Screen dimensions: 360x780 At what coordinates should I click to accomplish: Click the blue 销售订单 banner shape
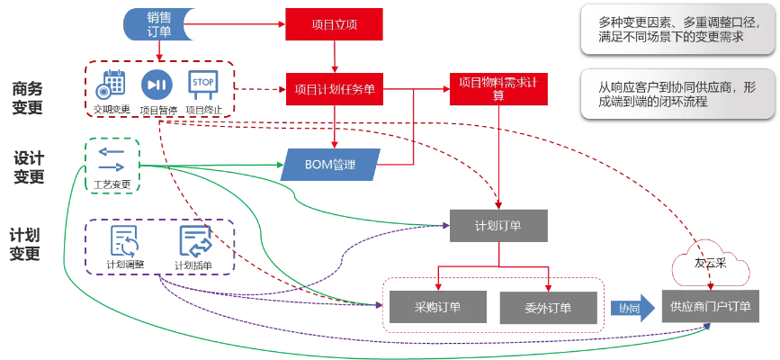tap(159, 23)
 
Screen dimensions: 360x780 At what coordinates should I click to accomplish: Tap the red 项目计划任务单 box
tap(335, 89)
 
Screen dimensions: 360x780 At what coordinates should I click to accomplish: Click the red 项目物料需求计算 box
tap(498, 89)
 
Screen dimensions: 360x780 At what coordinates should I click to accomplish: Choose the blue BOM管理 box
tap(331, 165)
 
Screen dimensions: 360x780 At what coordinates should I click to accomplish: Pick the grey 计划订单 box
tap(498, 225)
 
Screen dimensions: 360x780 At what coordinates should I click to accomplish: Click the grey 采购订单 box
tap(437, 307)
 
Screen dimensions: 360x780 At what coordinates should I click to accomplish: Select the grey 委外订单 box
tap(547, 307)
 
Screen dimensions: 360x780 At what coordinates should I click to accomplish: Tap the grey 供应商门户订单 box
tap(706, 307)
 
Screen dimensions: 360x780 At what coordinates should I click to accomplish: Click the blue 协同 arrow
tap(630, 307)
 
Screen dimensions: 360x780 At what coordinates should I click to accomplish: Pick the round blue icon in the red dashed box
tap(157, 85)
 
